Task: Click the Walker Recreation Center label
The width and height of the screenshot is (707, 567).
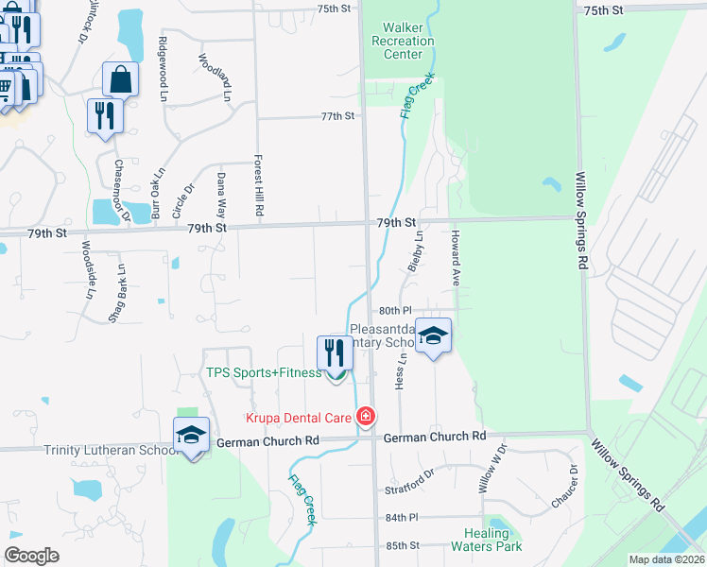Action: (x=403, y=41)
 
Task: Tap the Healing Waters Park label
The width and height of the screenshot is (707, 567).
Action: (x=486, y=540)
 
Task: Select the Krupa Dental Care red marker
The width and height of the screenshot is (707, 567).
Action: (x=366, y=417)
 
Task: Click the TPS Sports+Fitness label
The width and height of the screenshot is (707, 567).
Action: (x=264, y=372)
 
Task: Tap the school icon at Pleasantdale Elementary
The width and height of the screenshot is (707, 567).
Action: (x=433, y=335)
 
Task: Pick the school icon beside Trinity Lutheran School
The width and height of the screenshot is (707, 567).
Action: (x=191, y=435)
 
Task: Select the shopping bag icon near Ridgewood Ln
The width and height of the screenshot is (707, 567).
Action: (x=121, y=79)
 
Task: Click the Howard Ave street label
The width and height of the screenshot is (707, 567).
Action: (x=456, y=258)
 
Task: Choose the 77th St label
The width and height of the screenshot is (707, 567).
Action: (x=336, y=116)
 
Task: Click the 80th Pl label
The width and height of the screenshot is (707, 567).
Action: (x=396, y=310)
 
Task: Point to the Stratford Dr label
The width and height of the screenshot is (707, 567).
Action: (x=409, y=490)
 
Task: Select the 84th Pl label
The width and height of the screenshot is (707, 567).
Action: (x=401, y=518)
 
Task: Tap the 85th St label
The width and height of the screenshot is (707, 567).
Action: (x=402, y=545)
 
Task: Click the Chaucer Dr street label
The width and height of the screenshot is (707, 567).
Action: (x=573, y=483)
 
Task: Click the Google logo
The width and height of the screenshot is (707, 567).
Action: (x=32, y=556)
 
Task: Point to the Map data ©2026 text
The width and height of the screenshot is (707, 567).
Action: (x=667, y=559)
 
